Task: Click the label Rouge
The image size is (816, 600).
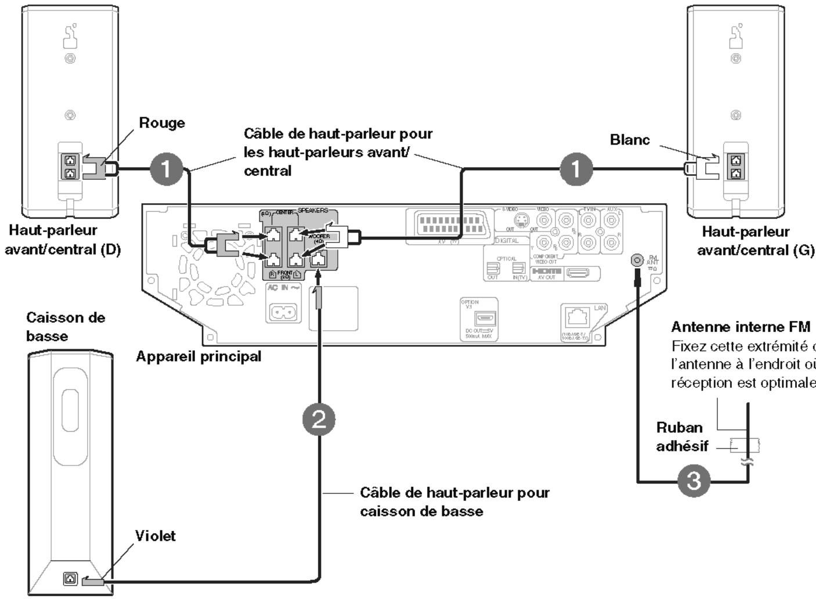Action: point(162,123)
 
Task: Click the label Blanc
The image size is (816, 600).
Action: point(630,140)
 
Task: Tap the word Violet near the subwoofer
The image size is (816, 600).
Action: point(155,536)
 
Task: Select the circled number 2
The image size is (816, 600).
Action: point(319,419)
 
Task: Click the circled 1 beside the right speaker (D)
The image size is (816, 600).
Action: point(167,169)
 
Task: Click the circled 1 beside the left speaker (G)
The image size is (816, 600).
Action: point(576,169)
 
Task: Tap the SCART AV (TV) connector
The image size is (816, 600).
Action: point(446,225)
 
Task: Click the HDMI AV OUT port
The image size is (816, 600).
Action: point(577,272)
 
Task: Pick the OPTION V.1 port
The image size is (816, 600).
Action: point(483,317)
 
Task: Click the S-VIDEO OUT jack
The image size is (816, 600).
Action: point(523,221)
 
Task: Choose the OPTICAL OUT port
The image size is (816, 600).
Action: point(493,268)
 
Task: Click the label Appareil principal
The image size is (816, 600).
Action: point(198,356)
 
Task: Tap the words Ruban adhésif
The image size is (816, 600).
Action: point(682,436)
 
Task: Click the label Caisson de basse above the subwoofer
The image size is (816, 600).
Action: point(65,327)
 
